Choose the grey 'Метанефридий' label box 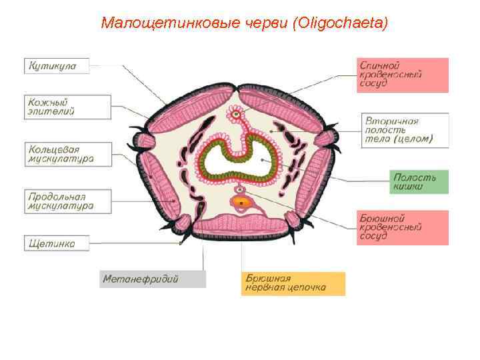click(153, 279)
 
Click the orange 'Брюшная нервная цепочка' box click(293, 283)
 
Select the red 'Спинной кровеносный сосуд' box click(402, 75)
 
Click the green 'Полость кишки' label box click(419, 182)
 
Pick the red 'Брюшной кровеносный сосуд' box click(402, 227)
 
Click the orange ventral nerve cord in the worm click(241, 201)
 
